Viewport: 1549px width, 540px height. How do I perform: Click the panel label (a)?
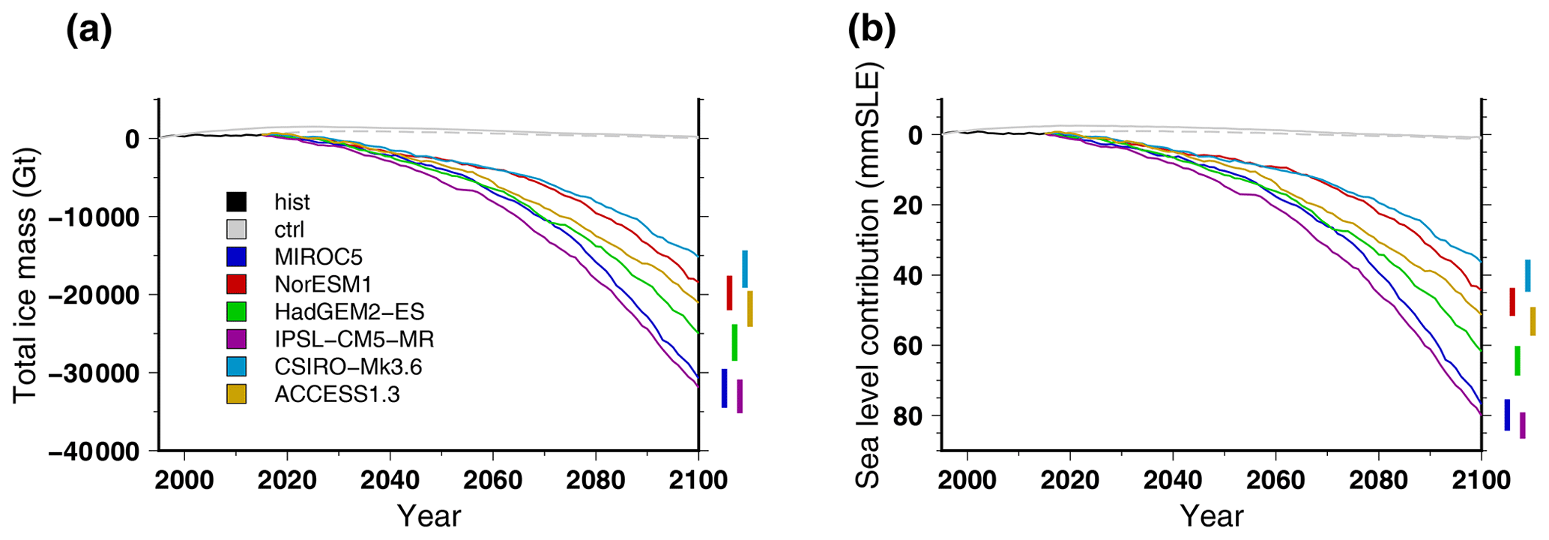pyautogui.click(x=89, y=31)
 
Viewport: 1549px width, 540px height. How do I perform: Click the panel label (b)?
pyautogui.click(x=872, y=31)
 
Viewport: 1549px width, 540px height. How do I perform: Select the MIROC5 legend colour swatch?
pyautogui.click(x=237, y=256)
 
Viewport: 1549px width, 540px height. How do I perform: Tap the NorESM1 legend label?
pyautogui.click(x=323, y=284)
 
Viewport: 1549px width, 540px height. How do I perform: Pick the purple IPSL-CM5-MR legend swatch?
pyautogui.click(x=237, y=339)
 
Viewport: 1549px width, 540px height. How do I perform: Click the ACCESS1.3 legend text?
pyautogui.click(x=337, y=394)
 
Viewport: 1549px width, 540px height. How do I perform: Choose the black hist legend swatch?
pyautogui.click(x=237, y=202)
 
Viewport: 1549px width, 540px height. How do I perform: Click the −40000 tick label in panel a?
pyautogui.click(x=94, y=451)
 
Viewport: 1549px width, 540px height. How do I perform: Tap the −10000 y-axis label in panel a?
pyautogui.click(x=94, y=217)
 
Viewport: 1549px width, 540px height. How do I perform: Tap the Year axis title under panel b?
pyautogui.click(x=1212, y=516)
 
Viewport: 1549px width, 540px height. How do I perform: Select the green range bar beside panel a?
pyautogui.click(x=734, y=343)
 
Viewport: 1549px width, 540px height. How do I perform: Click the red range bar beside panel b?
pyautogui.click(x=1512, y=301)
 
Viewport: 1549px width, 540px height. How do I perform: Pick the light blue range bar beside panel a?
pyautogui.click(x=745, y=269)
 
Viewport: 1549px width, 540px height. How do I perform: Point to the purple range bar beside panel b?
pyautogui.click(x=1523, y=425)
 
